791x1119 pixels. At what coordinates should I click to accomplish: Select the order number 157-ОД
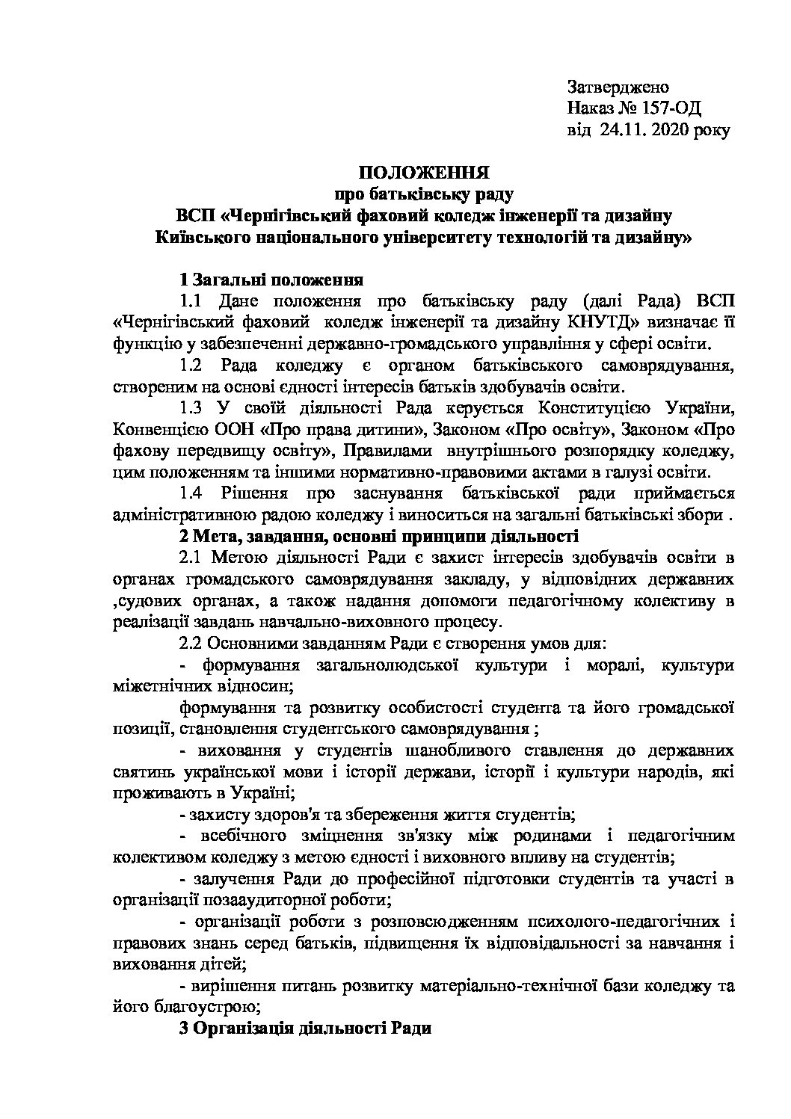point(671,109)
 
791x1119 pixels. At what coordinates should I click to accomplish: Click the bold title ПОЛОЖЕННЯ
point(423,173)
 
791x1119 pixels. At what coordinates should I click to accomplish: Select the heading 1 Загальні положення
point(272,280)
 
